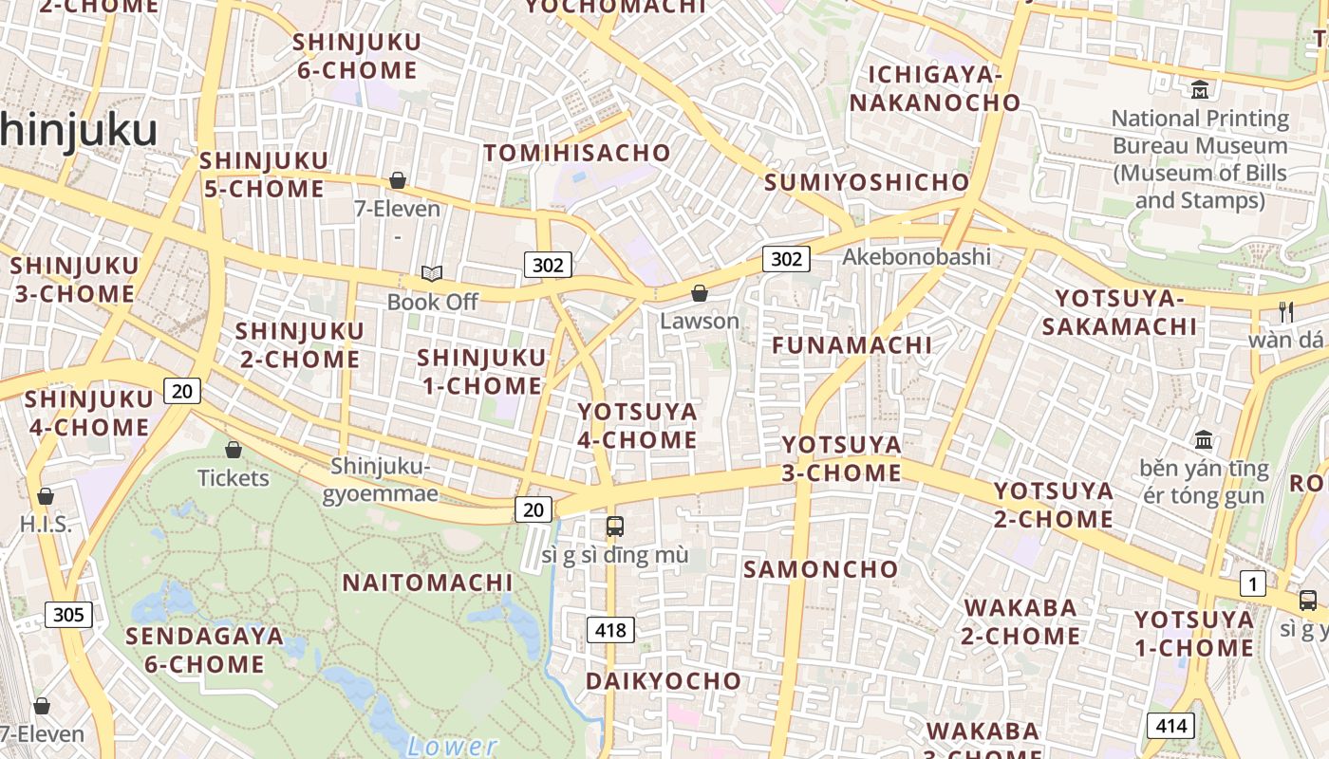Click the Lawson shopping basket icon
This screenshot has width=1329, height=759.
(700, 293)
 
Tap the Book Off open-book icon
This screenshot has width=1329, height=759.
(432, 274)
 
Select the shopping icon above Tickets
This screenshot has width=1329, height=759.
(234, 449)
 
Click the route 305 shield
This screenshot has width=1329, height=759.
(68, 615)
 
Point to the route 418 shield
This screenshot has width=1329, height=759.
(610, 629)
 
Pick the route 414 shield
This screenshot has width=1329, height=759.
(1170, 726)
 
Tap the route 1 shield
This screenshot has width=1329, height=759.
(1252, 583)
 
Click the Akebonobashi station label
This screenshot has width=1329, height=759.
(916, 256)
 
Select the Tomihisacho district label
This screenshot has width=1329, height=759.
(577, 153)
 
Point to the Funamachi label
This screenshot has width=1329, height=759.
(852, 345)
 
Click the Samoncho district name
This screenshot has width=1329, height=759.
(820, 569)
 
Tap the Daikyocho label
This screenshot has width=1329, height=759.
(663, 681)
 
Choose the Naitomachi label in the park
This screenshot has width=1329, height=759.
(427, 583)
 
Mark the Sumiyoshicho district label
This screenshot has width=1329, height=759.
(867, 183)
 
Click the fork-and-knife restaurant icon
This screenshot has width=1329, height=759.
(1286, 311)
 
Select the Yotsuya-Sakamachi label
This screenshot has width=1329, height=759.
(1119, 313)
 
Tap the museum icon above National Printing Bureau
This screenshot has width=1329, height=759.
(1200, 90)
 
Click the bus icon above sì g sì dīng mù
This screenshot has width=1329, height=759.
(614, 526)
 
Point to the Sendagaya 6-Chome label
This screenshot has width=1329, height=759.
(204, 650)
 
